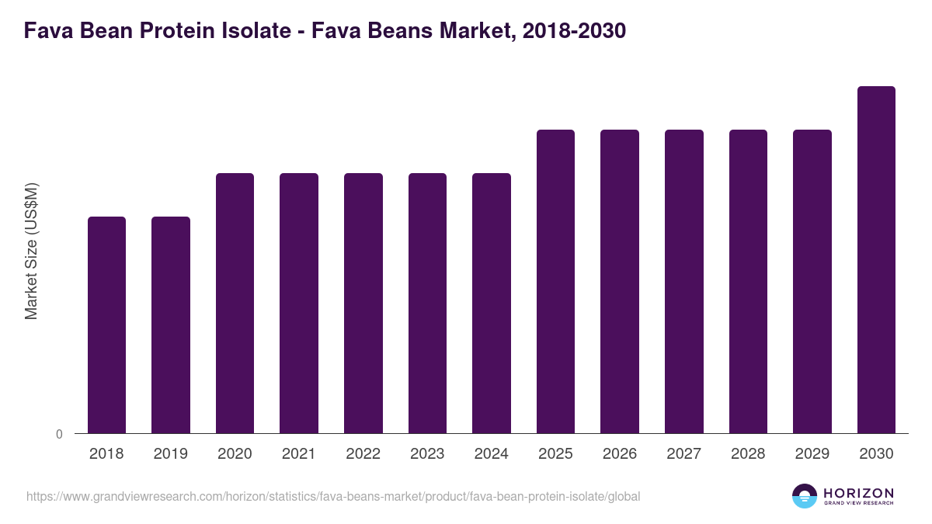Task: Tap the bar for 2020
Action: pyautogui.click(x=235, y=303)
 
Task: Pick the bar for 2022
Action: pyautogui.click(x=363, y=303)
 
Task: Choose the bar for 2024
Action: pyautogui.click(x=492, y=303)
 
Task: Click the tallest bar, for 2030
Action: pyautogui.click(x=876, y=259)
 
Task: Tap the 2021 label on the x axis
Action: pyautogui.click(x=299, y=454)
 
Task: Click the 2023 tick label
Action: pyautogui.click(x=427, y=454)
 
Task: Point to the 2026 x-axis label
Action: pyautogui.click(x=620, y=454)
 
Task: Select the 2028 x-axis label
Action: pyautogui.click(x=748, y=454)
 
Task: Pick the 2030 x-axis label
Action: pyautogui.click(x=876, y=454)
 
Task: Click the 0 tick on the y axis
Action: pyautogui.click(x=59, y=435)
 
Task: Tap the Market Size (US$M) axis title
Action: pyautogui.click(x=31, y=250)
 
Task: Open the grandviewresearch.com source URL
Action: pyautogui.click(x=333, y=496)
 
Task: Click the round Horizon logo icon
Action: pyautogui.click(x=805, y=496)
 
